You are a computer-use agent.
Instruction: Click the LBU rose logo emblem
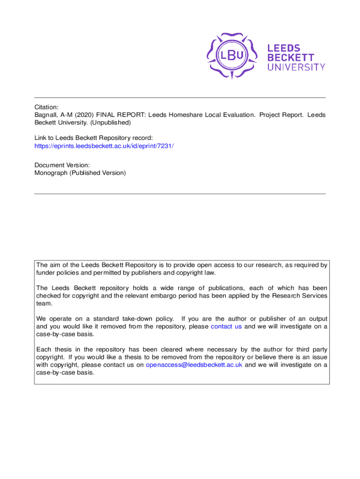[x=233, y=55]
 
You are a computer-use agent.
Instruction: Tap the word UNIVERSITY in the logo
[x=296, y=67]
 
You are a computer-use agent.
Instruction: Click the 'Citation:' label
[x=46, y=107]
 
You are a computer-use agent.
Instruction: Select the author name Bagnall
[x=46, y=115]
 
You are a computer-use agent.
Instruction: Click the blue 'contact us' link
[x=226, y=327]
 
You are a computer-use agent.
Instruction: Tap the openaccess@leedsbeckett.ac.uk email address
[x=194, y=365]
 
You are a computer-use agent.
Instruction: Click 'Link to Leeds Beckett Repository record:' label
[x=94, y=138]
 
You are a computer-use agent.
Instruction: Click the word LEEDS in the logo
[x=284, y=48]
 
